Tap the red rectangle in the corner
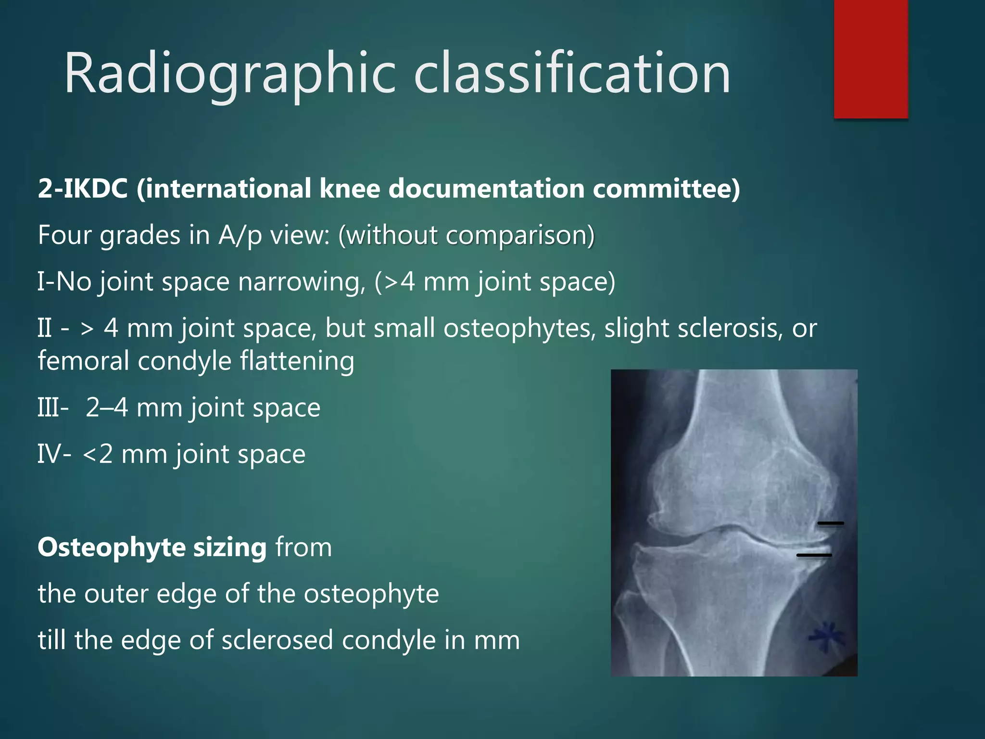[x=871, y=59]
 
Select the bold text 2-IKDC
[x=83, y=188]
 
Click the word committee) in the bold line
[x=666, y=188]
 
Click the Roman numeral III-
[x=53, y=408]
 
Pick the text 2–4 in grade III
[x=107, y=408]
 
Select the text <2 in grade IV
[x=98, y=454]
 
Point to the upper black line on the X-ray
[x=831, y=523]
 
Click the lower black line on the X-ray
[x=814, y=555]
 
